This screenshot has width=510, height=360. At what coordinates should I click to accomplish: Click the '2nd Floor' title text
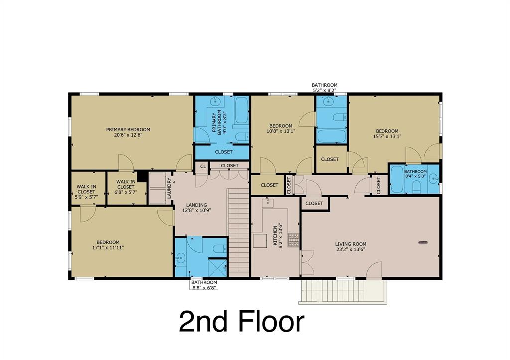[242, 321]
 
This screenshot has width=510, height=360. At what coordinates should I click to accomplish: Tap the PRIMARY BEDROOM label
[128, 130]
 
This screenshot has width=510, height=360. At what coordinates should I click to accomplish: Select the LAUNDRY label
[169, 189]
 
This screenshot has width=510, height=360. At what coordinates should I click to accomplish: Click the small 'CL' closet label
[203, 166]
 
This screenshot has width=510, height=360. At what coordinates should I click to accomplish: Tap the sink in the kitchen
[267, 203]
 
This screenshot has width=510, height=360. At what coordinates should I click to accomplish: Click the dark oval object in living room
[423, 242]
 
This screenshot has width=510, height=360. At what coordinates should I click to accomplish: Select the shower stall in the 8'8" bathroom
[217, 267]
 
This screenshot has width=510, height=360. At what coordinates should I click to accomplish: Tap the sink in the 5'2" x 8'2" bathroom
[328, 102]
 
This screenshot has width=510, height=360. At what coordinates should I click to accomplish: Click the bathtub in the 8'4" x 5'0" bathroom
[397, 180]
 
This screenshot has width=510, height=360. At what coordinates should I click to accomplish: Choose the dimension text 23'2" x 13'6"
[351, 250]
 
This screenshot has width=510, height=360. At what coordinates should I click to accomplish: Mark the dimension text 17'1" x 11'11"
[108, 247]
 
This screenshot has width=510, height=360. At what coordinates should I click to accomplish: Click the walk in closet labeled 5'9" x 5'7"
[86, 189]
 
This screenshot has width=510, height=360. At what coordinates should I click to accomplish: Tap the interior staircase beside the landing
[239, 231]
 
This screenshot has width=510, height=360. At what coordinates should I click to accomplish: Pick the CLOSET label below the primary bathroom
[224, 152]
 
